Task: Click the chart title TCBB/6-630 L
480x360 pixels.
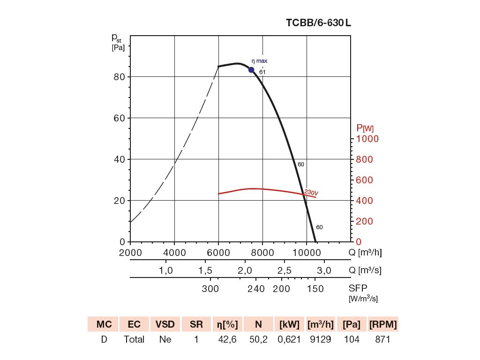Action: [x=318, y=23]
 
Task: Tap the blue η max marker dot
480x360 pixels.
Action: [x=251, y=70]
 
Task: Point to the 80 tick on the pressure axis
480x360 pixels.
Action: [x=119, y=77]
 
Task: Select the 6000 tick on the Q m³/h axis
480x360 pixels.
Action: [x=218, y=253]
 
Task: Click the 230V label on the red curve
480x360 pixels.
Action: [x=311, y=192]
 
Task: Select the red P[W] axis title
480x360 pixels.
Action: [x=365, y=128]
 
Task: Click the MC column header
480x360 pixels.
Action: [x=104, y=324]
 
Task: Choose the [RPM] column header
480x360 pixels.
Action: [x=383, y=324]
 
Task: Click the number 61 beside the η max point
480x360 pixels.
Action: [x=262, y=72]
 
